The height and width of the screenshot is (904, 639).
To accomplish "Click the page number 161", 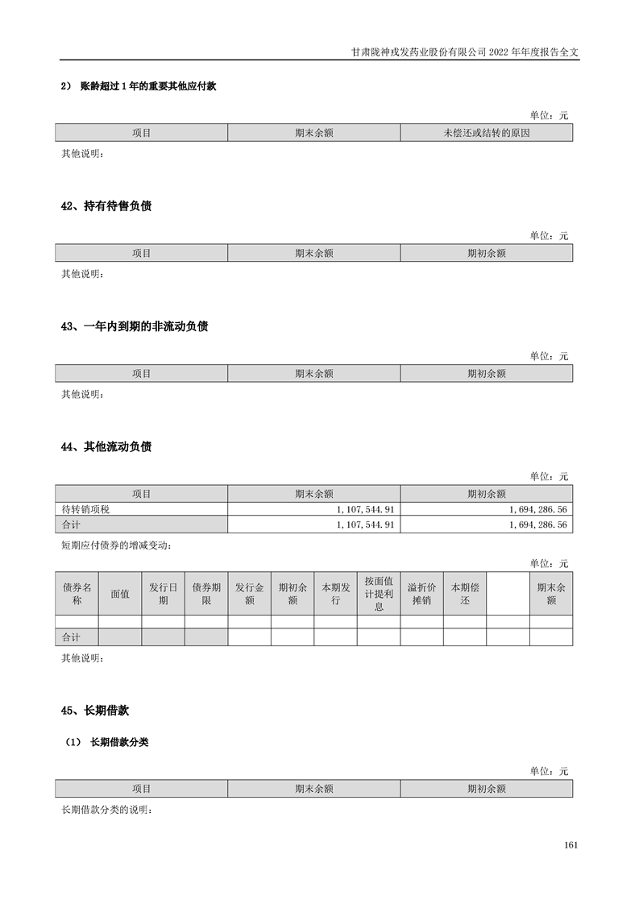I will pyautogui.click(x=571, y=845).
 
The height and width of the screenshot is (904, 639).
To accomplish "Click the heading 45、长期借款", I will pyautogui.click(x=95, y=711).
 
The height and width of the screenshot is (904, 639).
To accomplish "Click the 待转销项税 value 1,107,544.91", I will pyautogui.click(x=364, y=510).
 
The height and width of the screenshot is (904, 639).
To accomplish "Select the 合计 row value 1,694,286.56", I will pyautogui.click(x=538, y=525).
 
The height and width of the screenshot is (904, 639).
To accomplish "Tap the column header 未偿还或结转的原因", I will pyautogui.click(x=486, y=133).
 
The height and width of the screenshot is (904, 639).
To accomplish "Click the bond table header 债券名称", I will pyautogui.click(x=77, y=594).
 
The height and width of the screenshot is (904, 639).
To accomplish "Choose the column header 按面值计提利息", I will pyautogui.click(x=378, y=594).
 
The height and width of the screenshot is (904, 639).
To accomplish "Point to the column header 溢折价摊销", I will pyautogui.click(x=421, y=594).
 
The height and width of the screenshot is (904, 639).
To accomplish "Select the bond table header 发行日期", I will pyautogui.click(x=163, y=594).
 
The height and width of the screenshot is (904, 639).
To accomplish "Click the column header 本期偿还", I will pyautogui.click(x=464, y=594).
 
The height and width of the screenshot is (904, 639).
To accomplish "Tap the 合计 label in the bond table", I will pyautogui.click(x=71, y=637).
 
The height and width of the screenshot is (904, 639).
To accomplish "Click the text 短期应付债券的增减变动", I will pyautogui.click(x=116, y=545).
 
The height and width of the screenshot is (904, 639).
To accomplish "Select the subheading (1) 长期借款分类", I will pyautogui.click(x=107, y=743).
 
